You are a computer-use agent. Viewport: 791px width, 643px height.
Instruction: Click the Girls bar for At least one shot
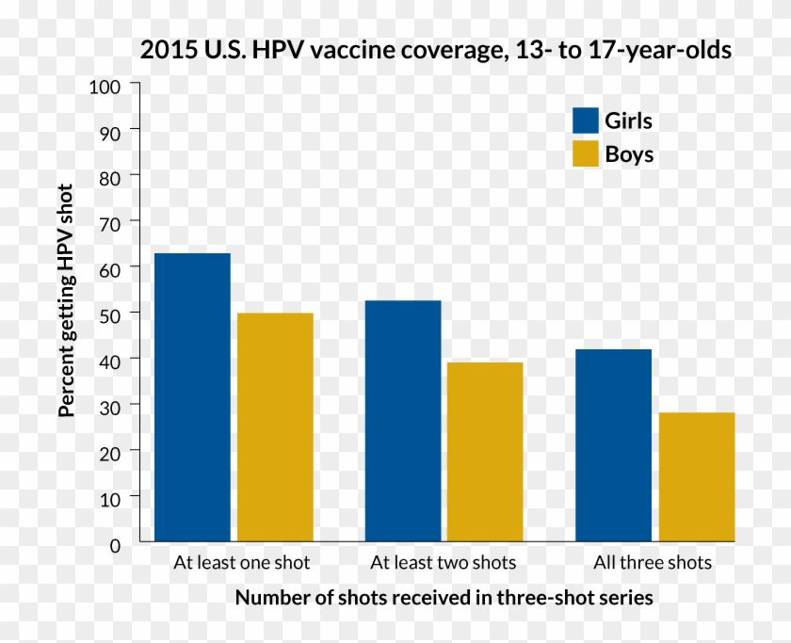(192, 397)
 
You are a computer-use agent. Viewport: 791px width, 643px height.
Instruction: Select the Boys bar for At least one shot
(275, 427)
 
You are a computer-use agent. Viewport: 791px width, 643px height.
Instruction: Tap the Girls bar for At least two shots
(403, 421)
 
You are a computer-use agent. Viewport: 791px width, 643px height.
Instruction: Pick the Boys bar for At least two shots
(485, 452)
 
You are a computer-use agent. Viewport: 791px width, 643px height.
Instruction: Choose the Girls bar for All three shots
(613, 445)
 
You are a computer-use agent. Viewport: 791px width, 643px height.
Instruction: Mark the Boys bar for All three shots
(697, 477)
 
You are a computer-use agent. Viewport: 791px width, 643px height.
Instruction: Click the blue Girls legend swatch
(586, 121)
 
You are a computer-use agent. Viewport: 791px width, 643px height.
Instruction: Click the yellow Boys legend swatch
(586, 153)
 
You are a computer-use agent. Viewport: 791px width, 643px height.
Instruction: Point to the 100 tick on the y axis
(105, 87)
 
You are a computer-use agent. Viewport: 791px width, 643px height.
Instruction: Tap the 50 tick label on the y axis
(110, 313)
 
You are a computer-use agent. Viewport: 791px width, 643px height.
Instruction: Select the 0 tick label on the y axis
(115, 544)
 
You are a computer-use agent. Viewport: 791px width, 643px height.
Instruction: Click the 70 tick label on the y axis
(110, 222)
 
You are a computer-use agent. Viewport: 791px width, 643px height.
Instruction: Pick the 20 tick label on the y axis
(110, 452)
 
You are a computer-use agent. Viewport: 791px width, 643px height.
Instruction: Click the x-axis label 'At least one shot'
(241, 564)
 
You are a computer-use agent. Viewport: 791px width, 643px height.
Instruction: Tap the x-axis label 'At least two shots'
(444, 564)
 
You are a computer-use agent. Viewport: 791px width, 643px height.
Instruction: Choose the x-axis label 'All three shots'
(653, 564)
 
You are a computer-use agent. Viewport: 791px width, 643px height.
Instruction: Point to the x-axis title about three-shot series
(444, 598)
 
